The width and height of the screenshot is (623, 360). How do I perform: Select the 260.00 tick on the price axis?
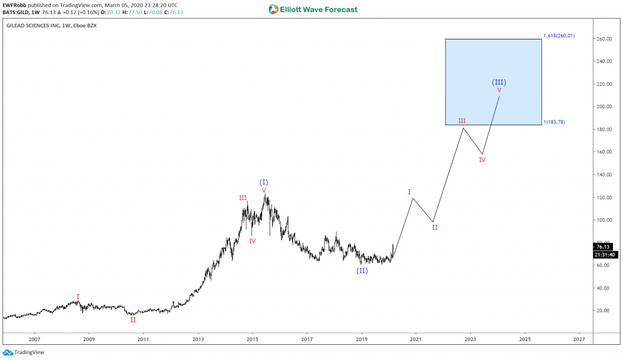[x=603, y=39]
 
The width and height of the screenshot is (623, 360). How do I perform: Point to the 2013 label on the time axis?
[x=198, y=339]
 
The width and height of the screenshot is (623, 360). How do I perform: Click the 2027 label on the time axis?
[x=579, y=339]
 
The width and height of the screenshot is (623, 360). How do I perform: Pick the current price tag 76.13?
[x=602, y=247]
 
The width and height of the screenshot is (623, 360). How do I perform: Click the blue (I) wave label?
[x=263, y=182]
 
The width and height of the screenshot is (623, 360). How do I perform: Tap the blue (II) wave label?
[x=362, y=271]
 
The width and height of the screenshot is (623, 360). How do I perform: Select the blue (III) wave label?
[x=499, y=82]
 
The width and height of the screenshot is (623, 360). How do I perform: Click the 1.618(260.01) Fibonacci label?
[x=559, y=36]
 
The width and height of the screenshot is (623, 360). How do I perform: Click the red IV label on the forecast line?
[x=482, y=160]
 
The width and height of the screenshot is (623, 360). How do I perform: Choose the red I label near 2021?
[x=409, y=192]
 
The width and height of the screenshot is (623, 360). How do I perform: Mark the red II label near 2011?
[x=133, y=319]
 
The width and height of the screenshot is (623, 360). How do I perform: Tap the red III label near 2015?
[x=243, y=198]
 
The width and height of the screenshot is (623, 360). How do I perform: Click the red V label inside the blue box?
[x=499, y=91]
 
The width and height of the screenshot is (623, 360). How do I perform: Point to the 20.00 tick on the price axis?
[x=603, y=311]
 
